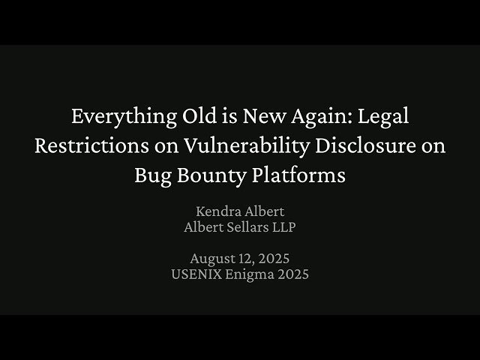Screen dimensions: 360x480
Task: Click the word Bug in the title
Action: pyautogui.click(x=152, y=176)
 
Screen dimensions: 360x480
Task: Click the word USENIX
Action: pyautogui.click(x=196, y=274)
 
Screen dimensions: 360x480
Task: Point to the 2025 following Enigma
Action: pyautogui.click(x=292, y=274)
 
